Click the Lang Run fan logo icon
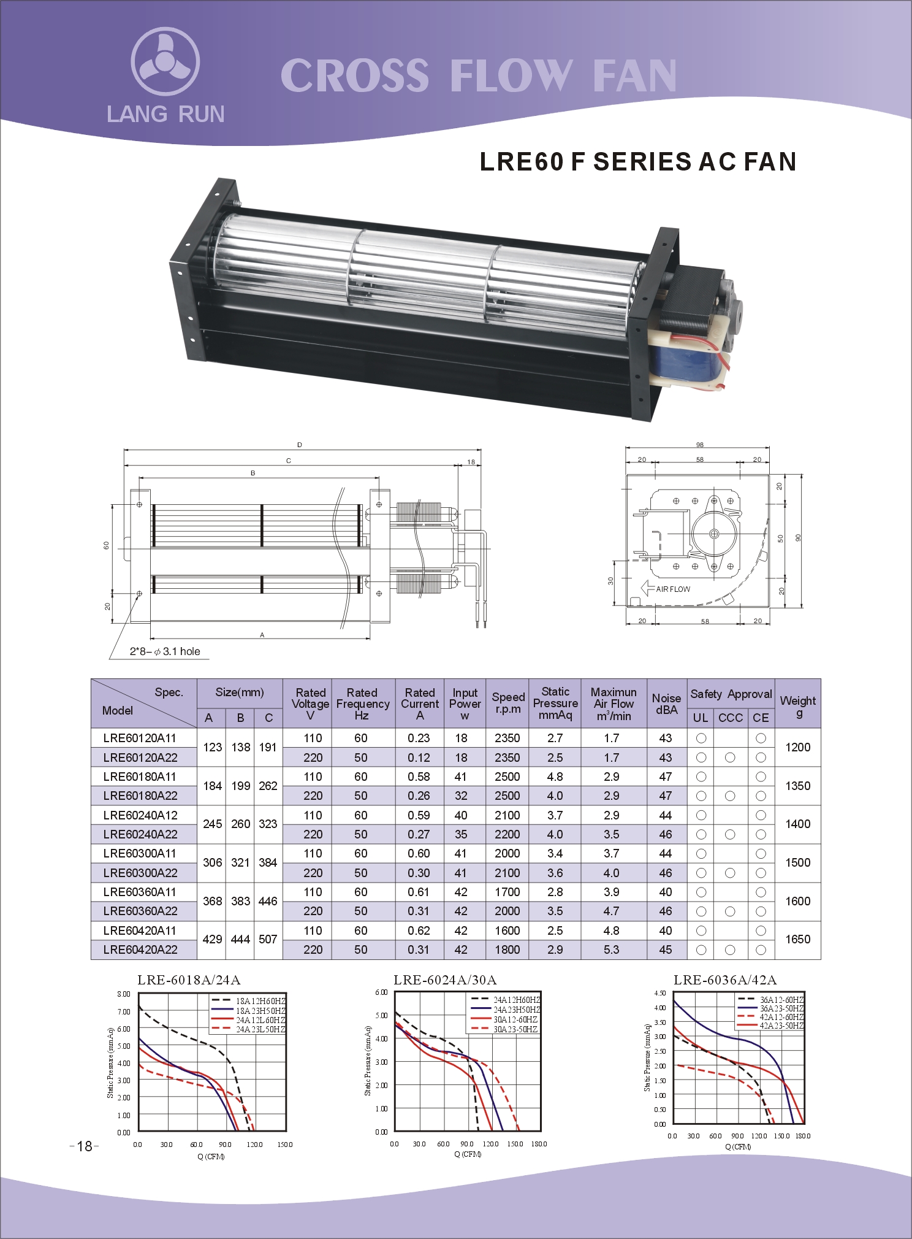(x=165, y=61)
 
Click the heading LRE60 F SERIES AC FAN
(x=638, y=161)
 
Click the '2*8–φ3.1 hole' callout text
(x=165, y=651)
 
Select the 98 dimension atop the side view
(x=700, y=445)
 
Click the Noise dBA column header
(x=666, y=704)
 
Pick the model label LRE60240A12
(x=140, y=815)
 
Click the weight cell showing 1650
(x=798, y=939)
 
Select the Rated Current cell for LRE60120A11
(x=419, y=738)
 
